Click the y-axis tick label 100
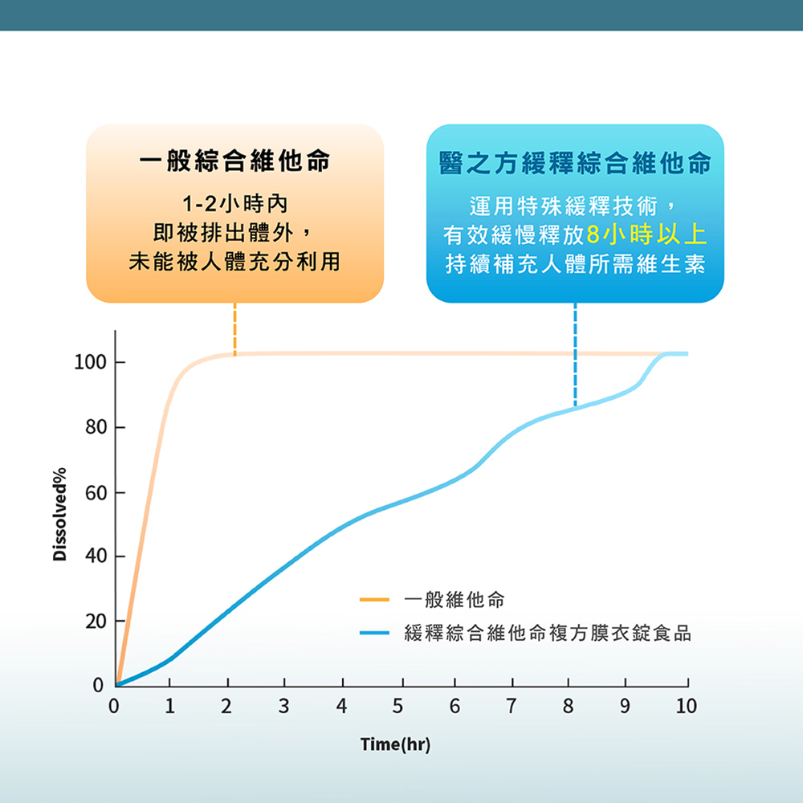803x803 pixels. [x=90, y=363]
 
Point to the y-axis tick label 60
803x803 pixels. [x=96, y=493]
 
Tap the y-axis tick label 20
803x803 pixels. [x=96, y=622]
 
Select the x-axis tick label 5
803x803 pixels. [x=398, y=706]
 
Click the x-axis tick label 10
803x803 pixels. [x=686, y=706]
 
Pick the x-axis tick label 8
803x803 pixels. [x=568, y=706]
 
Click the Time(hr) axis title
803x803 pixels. [x=395, y=744]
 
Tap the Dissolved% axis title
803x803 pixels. [x=59, y=514]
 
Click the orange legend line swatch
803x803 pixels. [x=374, y=599]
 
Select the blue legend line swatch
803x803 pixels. [x=374, y=633]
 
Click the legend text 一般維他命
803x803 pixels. [x=454, y=599]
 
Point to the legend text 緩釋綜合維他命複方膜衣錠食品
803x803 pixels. [x=548, y=633]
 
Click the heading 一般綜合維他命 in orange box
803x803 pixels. [x=235, y=161]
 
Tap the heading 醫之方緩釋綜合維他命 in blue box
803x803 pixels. [x=575, y=163]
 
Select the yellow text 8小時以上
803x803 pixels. [x=646, y=234]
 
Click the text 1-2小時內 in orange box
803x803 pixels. [x=235, y=204]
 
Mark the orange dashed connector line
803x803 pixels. [x=235, y=328]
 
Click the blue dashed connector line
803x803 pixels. [x=575, y=354]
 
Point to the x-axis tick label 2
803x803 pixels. [x=226, y=706]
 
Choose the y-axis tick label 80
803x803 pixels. [x=96, y=427]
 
